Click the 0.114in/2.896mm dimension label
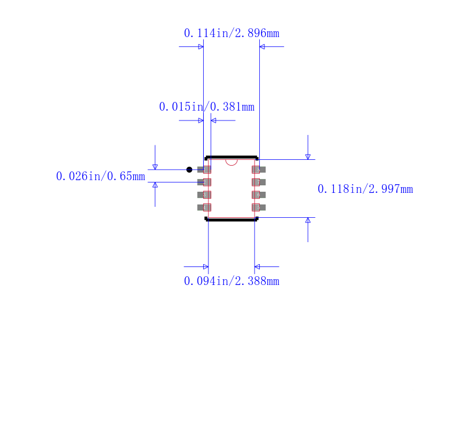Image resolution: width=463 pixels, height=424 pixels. click(x=231, y=33)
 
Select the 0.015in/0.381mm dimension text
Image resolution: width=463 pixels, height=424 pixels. click(x=207, y=107)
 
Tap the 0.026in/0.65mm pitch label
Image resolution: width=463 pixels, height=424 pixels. click(x=100, y=176)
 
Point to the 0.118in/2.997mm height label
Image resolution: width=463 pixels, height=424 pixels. click(x=365, y=189)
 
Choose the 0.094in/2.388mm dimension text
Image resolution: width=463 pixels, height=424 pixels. click(x=231, y=281)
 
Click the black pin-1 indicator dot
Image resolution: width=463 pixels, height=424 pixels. click(x=189, y=170)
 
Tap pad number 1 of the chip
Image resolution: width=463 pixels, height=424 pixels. click(x=204, y=170)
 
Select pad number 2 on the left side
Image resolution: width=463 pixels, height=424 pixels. click(x=204, y=182)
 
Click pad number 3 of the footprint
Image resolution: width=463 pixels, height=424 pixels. click(x=204, y=195)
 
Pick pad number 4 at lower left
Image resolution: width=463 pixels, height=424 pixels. click(x=204, y=207)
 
